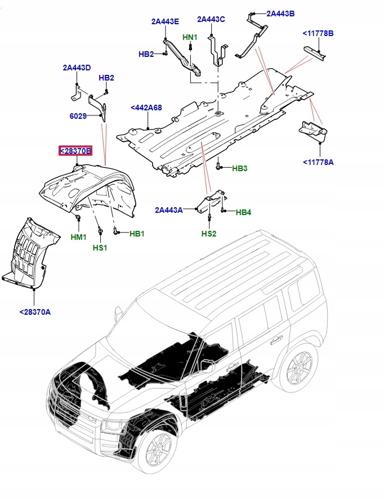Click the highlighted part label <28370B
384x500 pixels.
point(75,151)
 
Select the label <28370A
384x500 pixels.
point(35,312)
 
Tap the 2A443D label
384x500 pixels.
point(77,68)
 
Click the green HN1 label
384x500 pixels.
point(190,38)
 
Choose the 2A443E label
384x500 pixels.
point(165,22)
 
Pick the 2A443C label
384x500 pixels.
point(211,19)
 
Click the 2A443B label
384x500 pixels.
point(280,14)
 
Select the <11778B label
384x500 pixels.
point(318,34)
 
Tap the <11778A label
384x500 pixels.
point(318,162)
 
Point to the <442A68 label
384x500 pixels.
point(146,108)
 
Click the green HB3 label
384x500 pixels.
point(240,168)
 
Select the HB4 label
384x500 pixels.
point(243,212)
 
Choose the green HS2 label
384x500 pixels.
point(209,234)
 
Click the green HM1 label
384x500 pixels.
point(78,238)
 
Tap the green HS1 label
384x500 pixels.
point(100,248)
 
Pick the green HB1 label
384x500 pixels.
point(137,234)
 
